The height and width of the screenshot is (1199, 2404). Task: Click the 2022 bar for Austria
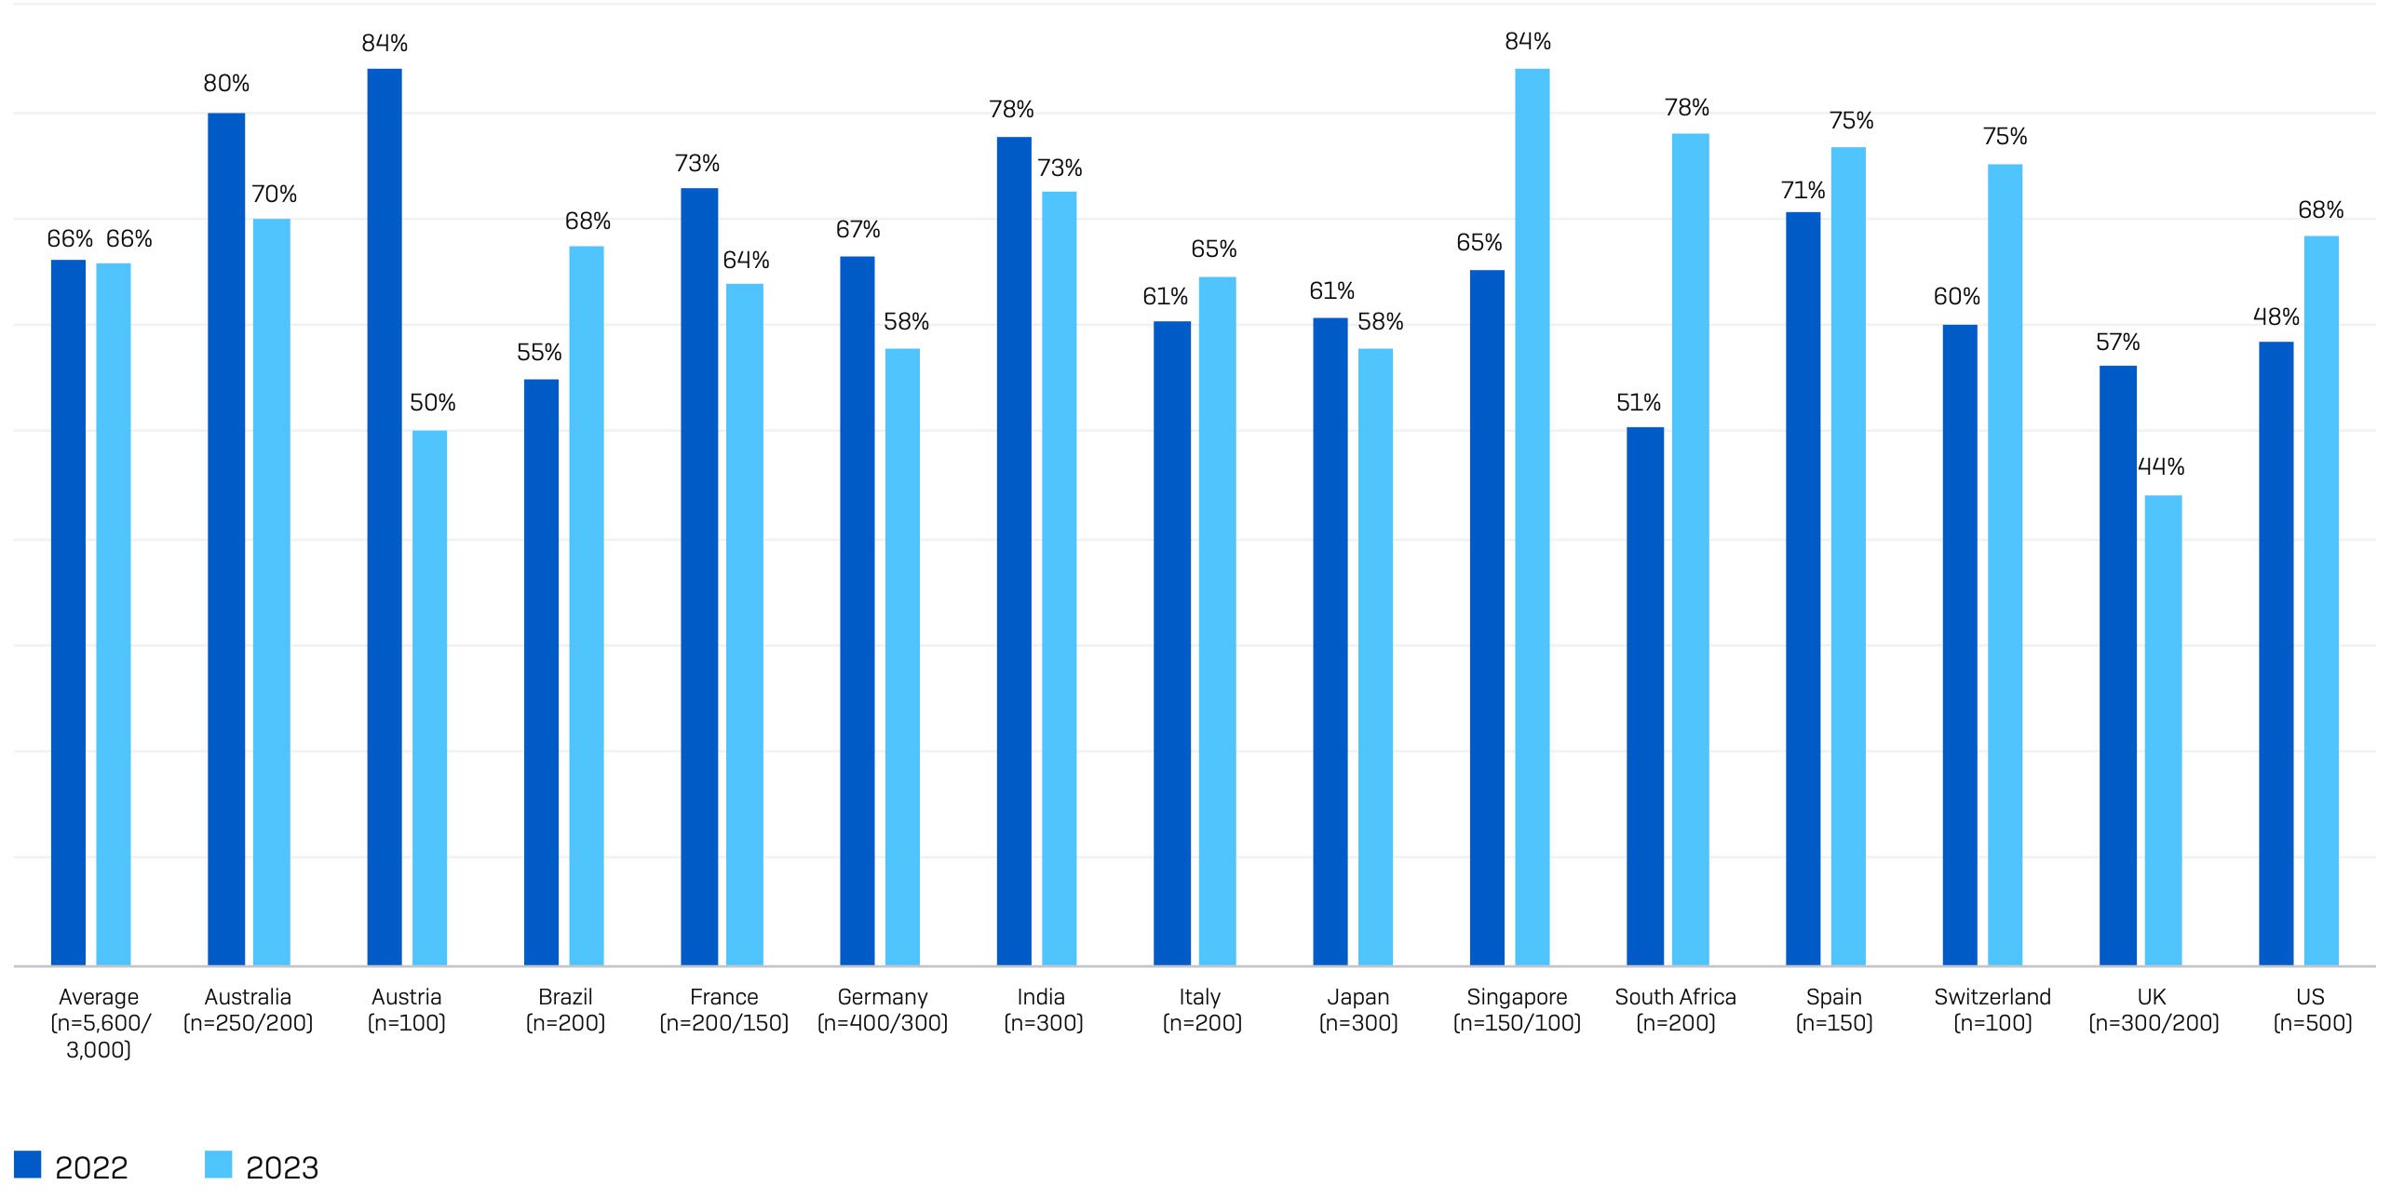point(385,517)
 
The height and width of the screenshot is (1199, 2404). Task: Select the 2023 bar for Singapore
point(1532,517)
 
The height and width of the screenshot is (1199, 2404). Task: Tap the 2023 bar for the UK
point(2162,730)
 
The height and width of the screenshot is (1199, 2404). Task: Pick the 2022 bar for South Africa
point(1644,696)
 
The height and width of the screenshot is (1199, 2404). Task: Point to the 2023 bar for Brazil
point(586,606)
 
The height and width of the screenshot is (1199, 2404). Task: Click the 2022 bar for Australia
point(226,539)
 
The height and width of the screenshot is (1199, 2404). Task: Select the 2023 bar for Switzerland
point(2005,564)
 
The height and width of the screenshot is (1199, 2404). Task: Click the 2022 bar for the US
point(2276,653)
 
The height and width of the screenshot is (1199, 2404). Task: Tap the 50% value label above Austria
point(432,403)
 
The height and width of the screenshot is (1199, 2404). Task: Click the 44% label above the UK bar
point(2160,466)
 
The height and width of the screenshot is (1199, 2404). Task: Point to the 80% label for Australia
point(226,84)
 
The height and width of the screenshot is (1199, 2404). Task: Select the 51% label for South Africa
point(1638,403)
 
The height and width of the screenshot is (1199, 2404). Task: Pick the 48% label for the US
point(2276,317)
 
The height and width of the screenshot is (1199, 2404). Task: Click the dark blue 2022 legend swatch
point(28,1165)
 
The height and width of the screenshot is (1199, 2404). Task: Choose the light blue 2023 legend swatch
point(219,1165)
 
